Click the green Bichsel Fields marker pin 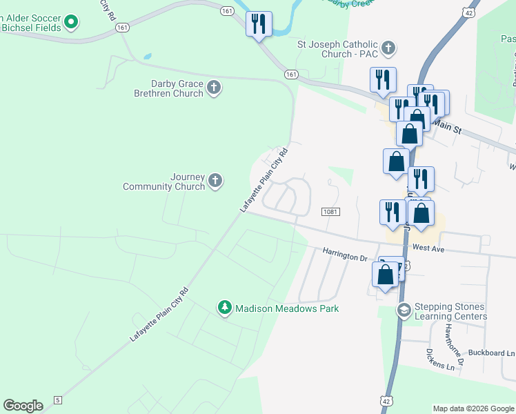point(70,23)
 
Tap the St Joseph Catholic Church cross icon point(389,48)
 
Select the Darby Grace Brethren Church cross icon point(214,88)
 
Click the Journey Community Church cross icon point(215,181)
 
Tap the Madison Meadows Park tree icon point(224,308)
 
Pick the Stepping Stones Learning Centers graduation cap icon point(403,311)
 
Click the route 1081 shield point(330,211)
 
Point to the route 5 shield point(57,400)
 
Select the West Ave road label point(428,248)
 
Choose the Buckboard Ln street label point(491,353)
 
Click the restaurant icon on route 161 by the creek point(259,23)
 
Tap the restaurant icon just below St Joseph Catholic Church point(384,80)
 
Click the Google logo point(23,406)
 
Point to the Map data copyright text point(473,408)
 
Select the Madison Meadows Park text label point(287,308)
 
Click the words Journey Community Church point(164,181)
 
